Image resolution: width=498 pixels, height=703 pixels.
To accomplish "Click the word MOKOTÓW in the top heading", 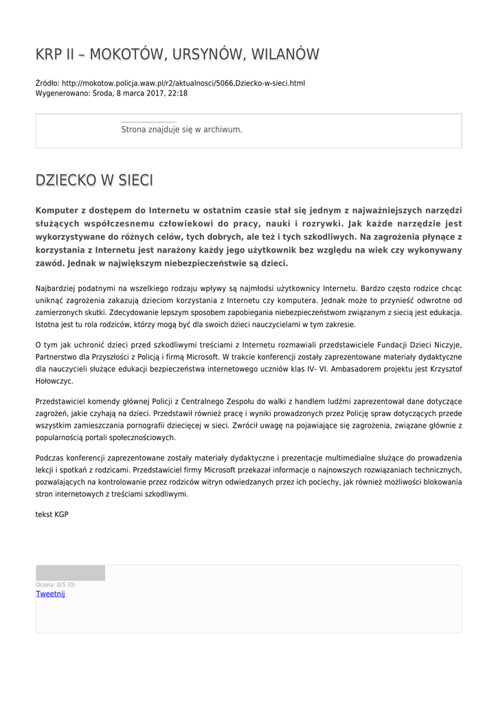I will coord(122,54).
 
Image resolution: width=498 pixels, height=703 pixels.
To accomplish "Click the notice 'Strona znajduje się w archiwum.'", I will coord(181,129).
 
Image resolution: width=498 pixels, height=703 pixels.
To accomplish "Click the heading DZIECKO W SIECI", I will coord(94,181).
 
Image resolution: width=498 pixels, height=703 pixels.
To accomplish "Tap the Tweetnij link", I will coord(50,594).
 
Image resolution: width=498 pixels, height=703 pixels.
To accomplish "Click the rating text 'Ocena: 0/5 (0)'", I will coord(56,585).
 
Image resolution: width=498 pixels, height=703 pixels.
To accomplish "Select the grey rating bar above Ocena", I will coord(70,573).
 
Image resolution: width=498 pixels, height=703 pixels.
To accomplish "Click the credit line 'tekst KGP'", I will coord(52,514).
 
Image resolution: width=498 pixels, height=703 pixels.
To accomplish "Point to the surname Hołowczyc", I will coord(54,381).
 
